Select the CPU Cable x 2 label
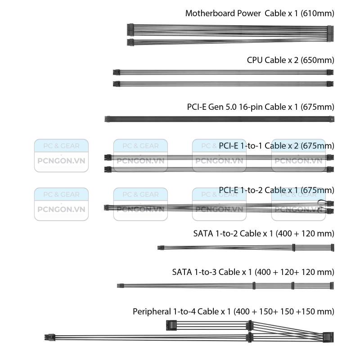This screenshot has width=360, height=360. click(273, 60)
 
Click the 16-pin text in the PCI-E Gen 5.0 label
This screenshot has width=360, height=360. click(251, 107)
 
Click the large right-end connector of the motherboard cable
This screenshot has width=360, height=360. click(330, 33)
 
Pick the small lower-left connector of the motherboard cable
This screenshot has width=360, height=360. click(130, 42)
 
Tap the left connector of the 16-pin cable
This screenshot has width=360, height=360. click(108, 119)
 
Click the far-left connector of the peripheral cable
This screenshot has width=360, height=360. click(49, 337)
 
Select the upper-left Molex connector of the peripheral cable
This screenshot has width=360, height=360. click(171, 325)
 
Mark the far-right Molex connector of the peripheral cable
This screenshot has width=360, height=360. click(328, 337)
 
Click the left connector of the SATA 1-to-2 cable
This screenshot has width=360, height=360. click(161, 248)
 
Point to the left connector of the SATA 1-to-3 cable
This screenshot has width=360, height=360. click(120, 286)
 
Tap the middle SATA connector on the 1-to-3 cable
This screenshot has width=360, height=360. click(293, 286)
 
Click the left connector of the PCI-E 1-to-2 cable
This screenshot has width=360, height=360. click(106, 207)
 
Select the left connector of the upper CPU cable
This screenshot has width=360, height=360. click(117, 72)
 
